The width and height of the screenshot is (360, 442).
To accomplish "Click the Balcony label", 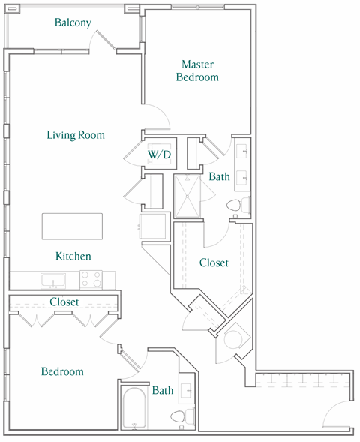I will pyautogui.click(x=73, y=23).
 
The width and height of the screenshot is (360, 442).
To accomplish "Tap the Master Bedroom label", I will pyautogui.click(x=197, y=71).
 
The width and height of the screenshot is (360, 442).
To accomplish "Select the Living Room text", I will pyautogui.click(x=75, y=135).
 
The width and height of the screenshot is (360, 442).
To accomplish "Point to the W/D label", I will pyautogui.click(x=159, y=155).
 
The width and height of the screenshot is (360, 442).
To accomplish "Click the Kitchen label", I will pyautogui.click(x=73, y=257).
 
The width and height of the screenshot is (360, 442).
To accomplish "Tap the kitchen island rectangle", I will pyautogui.click(x=72, y=226).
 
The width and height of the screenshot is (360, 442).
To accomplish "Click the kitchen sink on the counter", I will pyautogui.click(x=52, y=281).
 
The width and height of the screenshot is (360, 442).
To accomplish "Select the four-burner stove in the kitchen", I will pyautogui.click(x=91, y=280).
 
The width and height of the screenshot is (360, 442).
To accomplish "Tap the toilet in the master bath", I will pyautogui.click(x=235, y=205).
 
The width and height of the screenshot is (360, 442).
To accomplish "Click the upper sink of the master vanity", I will pyautogui.click(x=243, y=152).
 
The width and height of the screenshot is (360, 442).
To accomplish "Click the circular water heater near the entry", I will pyautogui.click(x=232, y=335).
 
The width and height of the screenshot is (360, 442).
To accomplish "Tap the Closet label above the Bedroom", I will pyautogui.click(x=64, y=302).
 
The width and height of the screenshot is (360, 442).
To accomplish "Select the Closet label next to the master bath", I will pyautogui.click(x=214, y=263).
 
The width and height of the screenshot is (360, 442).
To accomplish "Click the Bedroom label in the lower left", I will pyautogui.click(x=62, y=371).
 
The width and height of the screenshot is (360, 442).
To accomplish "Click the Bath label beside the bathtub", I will pyautogui.click(x=163, y=390).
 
